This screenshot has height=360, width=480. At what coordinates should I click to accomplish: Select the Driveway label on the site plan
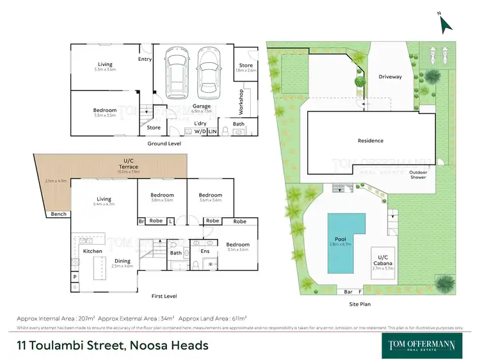(x=390, y=77)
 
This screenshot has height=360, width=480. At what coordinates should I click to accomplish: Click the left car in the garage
(x=176, y=74)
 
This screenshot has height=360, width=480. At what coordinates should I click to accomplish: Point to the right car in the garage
(x=208, y=74)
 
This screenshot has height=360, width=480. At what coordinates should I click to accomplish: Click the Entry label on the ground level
(x=145, y=59)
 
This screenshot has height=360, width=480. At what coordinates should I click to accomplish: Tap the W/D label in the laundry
(x=198, y=131)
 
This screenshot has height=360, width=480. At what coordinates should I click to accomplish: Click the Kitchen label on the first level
(x=93, y=251)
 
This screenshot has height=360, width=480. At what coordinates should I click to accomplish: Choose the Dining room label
(x=124, y=261)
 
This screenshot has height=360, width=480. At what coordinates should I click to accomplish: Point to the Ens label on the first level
(x=205, y=251)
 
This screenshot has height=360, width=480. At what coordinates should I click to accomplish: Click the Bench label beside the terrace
(x=59, y=214)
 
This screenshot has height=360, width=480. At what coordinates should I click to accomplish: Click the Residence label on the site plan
(x=370, y=140)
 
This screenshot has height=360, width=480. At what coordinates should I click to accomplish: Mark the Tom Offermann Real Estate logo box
(x=422, y=344)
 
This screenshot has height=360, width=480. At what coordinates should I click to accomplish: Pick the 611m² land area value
(x=237, y=318)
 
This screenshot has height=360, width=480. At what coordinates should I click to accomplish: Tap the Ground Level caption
(x=164, y=143)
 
